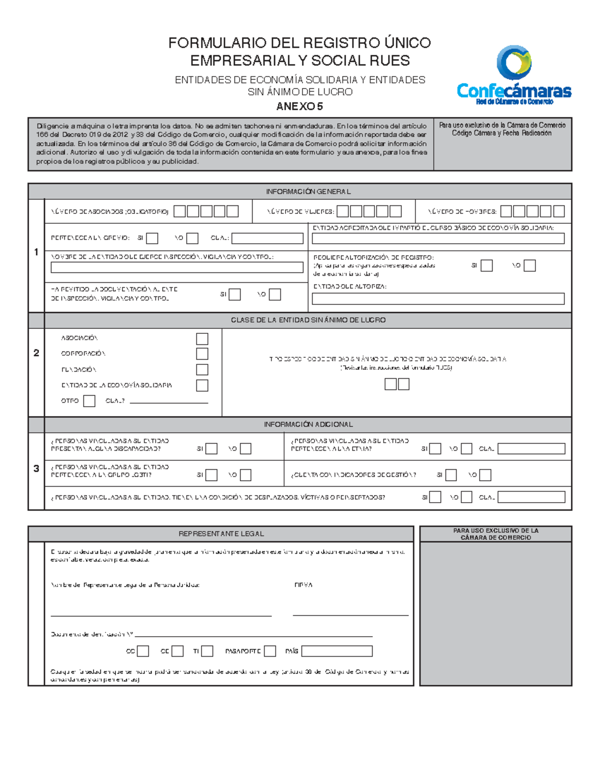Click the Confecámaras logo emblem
pos(513,62)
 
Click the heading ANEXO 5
pos(299,106)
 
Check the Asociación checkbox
pos(202,339)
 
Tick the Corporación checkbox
pos(202,354)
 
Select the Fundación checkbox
pos(202,370)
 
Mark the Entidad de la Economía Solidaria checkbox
pos(202,385)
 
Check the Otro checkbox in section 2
pos(89,401)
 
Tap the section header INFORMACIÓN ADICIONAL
pos(308,424)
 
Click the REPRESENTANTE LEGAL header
pos(221,534)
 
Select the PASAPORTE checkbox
pos(270,651)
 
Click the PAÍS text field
pos(336,651)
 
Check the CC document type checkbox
pos(143,651)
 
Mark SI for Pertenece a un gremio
pos(152,238)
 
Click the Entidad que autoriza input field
pos(438,299)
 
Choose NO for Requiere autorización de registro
pos(529,266)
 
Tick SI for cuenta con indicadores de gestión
pos(451,475)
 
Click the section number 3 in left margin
pos(36,469)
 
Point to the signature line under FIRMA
pos(350,615)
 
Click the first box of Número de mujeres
pos(342,211)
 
